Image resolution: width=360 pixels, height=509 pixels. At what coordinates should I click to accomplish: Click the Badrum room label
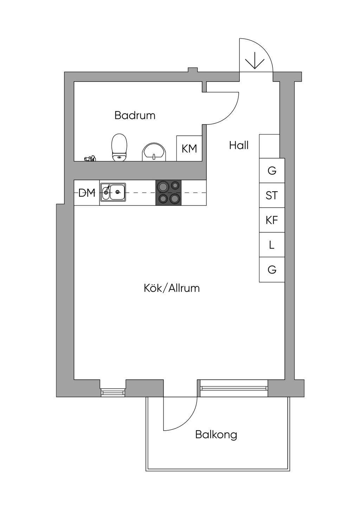click(x=135, y=115)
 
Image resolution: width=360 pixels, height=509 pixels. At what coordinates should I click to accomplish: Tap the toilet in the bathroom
click(x=119, y=148)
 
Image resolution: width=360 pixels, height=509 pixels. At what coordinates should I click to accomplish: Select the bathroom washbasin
click(x=154, y=152)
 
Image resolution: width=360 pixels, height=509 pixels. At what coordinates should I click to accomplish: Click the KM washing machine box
click(x=189, y=149)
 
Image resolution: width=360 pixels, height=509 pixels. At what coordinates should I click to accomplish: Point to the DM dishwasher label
click(x=87, y=193)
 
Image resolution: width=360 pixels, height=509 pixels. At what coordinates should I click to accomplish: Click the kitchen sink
click(x=113, y=192)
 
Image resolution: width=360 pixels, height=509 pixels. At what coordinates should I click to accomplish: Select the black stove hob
click(x=168, y=193)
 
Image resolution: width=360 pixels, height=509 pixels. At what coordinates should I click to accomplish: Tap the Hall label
click(x=239, y=145)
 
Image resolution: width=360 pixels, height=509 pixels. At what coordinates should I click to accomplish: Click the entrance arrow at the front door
click(x=255, y=60)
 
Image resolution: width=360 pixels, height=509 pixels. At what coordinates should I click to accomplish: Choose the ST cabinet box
click(x=272, y=195)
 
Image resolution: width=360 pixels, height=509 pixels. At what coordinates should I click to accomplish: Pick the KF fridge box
click(x=272, y=220)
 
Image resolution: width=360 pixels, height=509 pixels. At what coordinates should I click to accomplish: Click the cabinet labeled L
click(x=272, y=245)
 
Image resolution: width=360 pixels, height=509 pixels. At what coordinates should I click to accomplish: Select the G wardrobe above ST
click(x=272, y=170)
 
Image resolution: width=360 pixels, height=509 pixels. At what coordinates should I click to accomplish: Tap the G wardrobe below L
click(x=272, y=270)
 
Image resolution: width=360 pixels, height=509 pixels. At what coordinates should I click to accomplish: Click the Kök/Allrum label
click(x=172, y=288)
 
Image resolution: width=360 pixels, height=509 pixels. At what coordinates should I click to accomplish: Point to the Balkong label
click(x=216, y=435)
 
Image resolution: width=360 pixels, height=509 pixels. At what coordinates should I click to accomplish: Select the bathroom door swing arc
click(x=229, y=115)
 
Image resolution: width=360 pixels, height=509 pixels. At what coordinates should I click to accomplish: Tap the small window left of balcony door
click(x=113, y=392)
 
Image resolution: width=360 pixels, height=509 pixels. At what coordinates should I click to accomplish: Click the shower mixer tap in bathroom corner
click(x=90, y=158)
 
